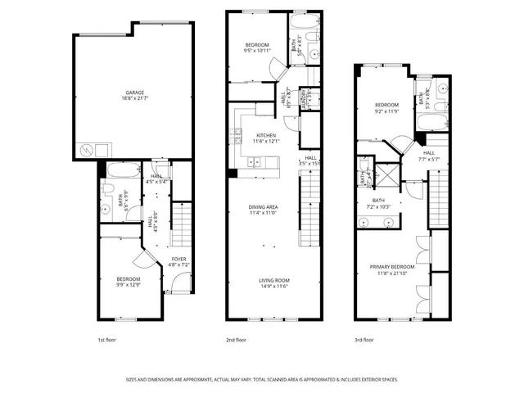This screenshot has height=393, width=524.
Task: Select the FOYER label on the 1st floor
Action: point(178,259)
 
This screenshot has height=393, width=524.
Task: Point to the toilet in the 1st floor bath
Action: point(106,189)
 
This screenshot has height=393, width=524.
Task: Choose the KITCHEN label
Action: point(266,135)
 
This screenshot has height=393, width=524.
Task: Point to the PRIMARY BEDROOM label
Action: point(391,267)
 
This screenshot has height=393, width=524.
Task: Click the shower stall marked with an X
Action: point(389,174)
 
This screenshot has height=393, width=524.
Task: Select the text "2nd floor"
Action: point(237,339)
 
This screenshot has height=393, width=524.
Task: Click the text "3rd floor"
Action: point(364,339)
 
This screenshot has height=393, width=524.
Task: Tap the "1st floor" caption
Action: point(107,339)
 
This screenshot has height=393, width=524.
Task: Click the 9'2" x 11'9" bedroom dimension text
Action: point(386,111)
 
